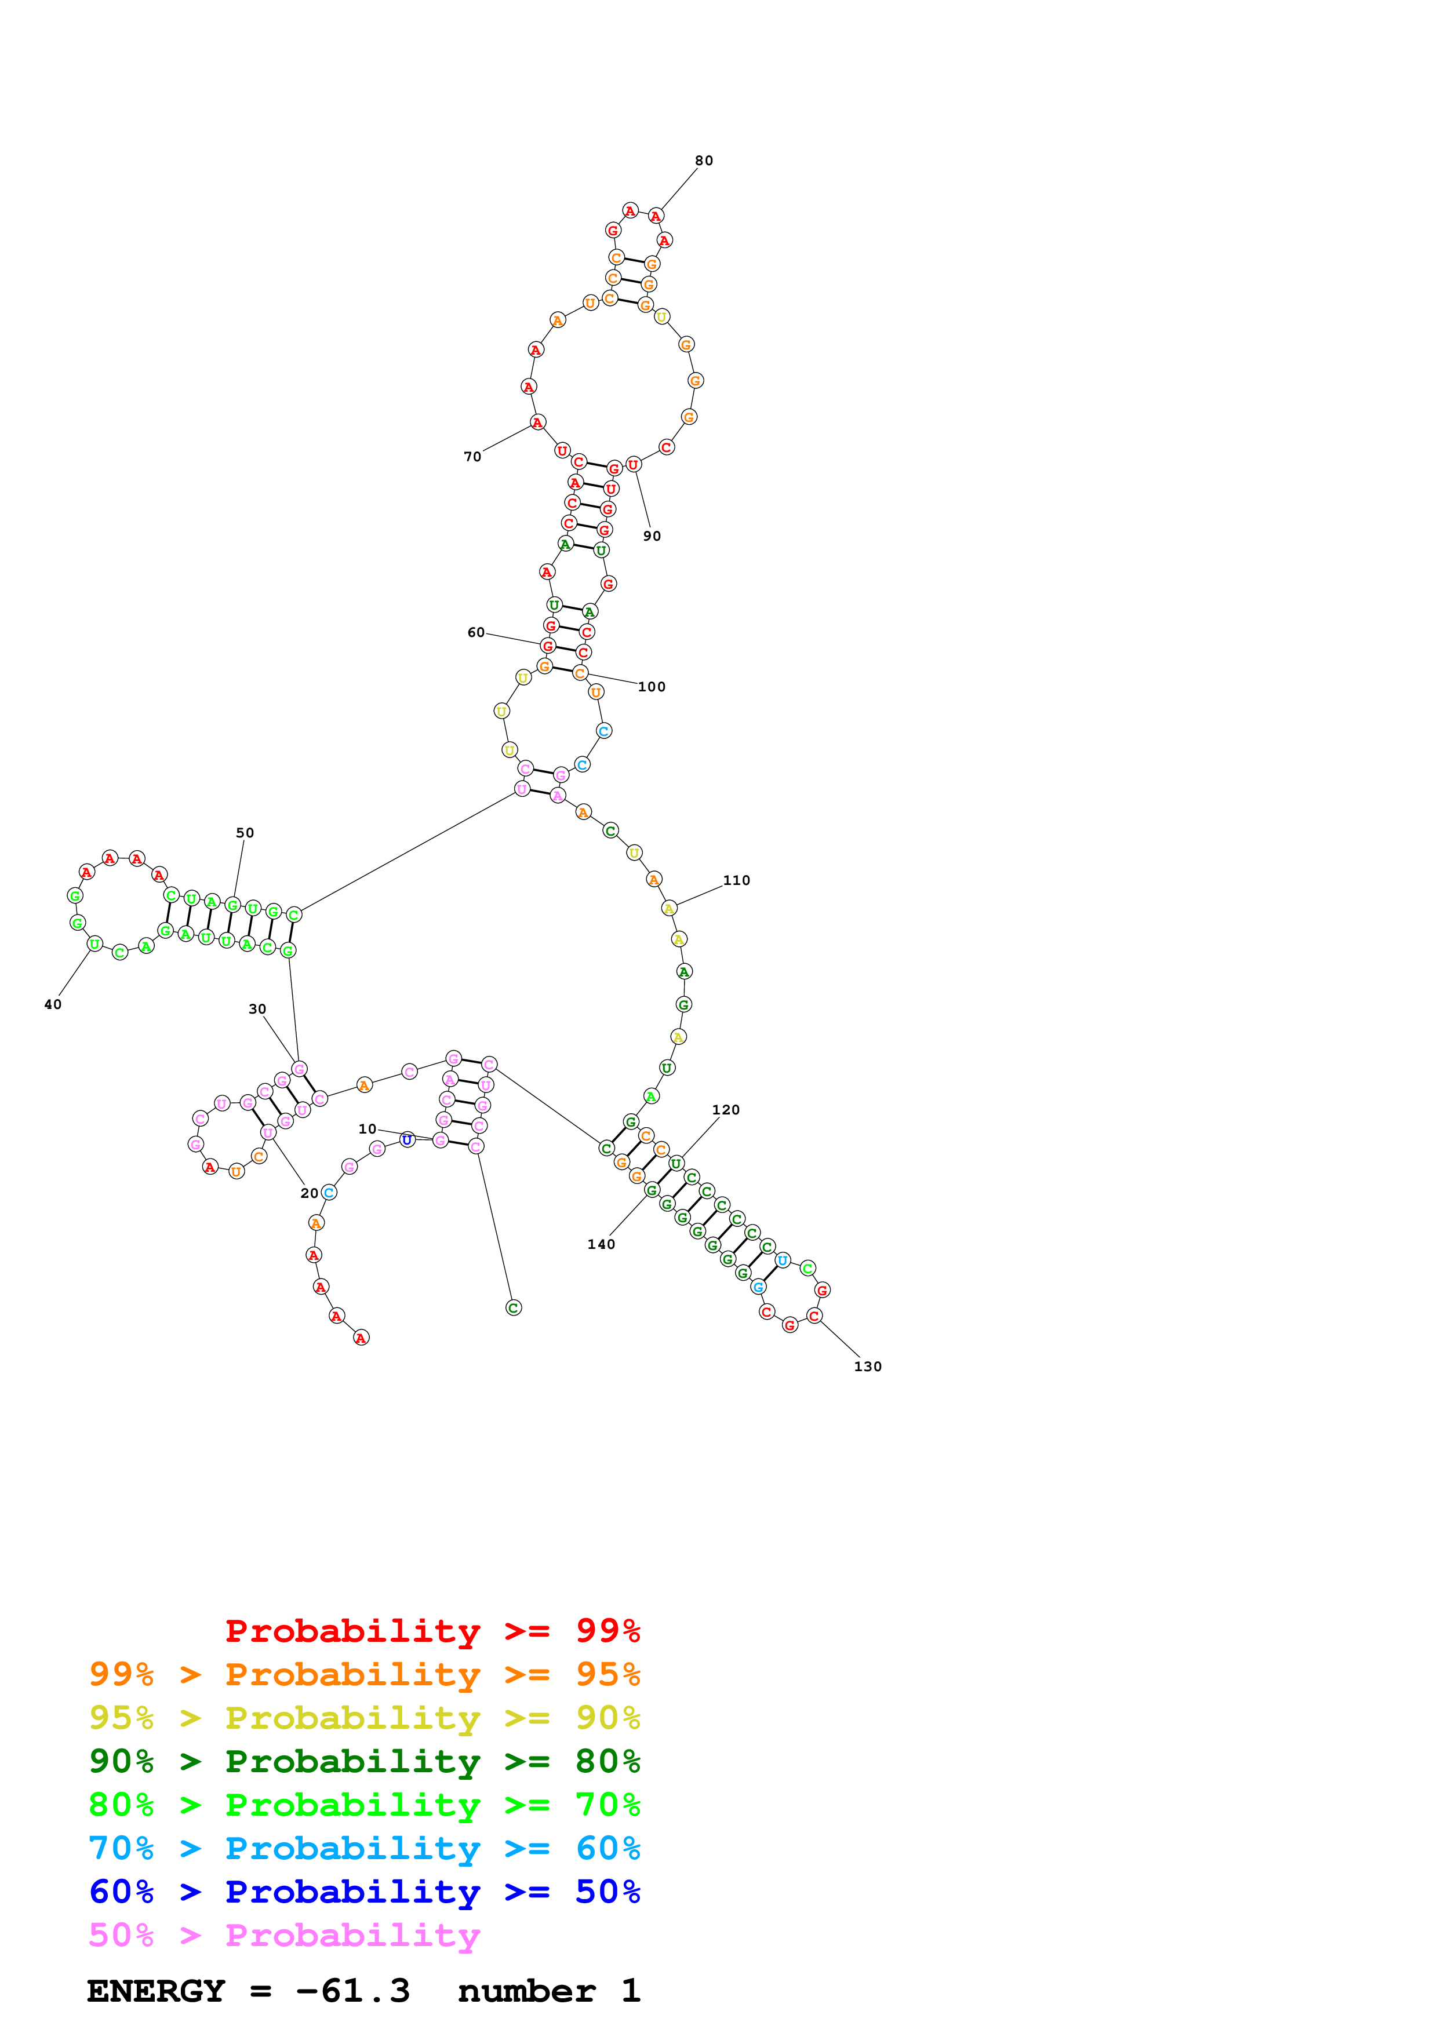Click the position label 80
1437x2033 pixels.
(704, 161)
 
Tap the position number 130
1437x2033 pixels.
(868, 1367)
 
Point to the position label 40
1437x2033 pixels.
(53, 1004)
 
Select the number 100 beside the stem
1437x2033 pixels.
(652, 686)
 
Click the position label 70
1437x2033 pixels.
(473, 456)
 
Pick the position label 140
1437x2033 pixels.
(601, 1244)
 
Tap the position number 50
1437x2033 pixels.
(245, 832)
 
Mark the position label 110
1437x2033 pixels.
(737, 880)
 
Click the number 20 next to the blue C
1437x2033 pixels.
(309, 1193)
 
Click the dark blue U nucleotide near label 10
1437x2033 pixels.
(408, 1139)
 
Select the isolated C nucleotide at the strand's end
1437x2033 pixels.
(514, 1308)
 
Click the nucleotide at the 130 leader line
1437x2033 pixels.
(814, 1316)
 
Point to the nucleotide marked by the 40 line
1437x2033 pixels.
(94, 944)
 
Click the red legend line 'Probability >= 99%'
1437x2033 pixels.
(433, 1631)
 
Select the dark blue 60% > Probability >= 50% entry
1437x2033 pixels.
(365, 1892)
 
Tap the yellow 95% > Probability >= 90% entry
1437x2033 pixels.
(365, 1718)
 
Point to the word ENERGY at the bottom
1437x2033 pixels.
(156, 1991)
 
